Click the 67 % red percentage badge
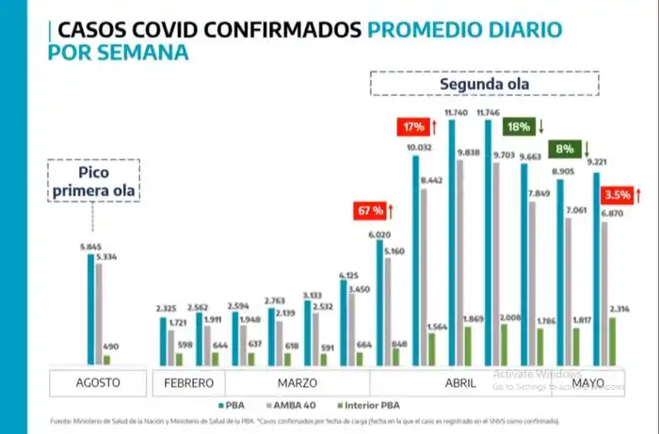pos(369,211)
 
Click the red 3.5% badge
pos(618,196)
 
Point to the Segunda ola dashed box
pos(484,84)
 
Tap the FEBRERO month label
pos(190,383)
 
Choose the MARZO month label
pos(298,383)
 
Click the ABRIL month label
pos(459,383)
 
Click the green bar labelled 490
pos(107,360)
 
